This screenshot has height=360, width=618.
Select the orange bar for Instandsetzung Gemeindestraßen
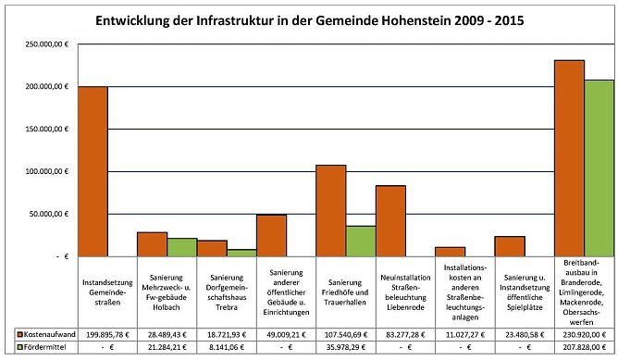[x=93, y=171]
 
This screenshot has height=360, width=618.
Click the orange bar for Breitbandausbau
[x=569, y=158]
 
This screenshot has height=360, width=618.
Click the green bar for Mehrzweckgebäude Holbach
[x=182, y=247]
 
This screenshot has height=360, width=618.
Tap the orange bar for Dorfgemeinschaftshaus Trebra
[x=212, y=248]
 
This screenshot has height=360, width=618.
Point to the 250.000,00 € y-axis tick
[x=45, y=44]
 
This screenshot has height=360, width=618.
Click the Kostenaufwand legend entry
[x=46, y=332]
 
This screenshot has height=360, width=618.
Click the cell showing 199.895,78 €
[x=107, y=332]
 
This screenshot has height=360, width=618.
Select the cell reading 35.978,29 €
[x=345, y=347]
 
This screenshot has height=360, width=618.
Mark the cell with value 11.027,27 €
[x=464, y=332]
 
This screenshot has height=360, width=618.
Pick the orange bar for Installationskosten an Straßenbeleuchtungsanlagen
[x=450, y=252]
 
